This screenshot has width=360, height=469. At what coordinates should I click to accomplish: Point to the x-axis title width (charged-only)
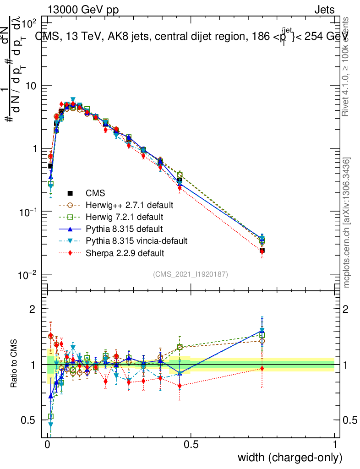[x=289, y=458]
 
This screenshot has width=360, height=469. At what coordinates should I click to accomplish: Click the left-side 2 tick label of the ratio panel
[x=33, y=309]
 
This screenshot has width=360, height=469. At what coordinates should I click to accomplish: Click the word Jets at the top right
[x=324, y=10]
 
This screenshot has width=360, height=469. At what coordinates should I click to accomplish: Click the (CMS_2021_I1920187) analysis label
[x=191, y=274]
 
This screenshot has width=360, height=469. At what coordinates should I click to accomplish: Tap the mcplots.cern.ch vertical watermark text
[x=347, y=223]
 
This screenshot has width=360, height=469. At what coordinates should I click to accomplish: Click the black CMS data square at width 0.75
[x=262, y=251]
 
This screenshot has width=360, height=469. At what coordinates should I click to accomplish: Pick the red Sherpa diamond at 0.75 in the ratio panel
[x=262, y=368]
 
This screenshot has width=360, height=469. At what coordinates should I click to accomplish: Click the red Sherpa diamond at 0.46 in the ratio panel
[x=180, y=386]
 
